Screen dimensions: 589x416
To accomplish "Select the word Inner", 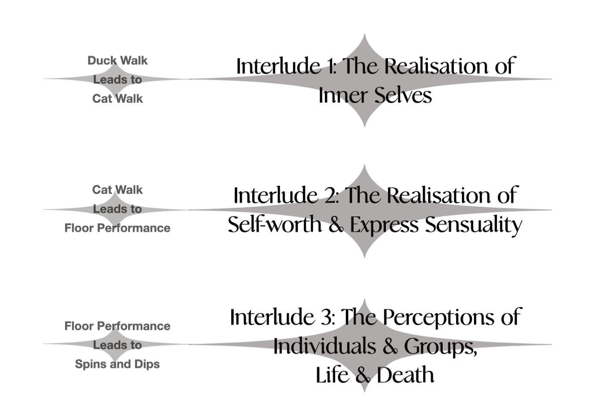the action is point(343,95).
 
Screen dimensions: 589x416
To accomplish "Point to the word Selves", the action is point(403,95).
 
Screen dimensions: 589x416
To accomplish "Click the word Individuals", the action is point(324,346).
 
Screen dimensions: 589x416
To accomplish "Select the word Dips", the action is point(147,364).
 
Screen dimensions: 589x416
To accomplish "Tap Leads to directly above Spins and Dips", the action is point(117,345).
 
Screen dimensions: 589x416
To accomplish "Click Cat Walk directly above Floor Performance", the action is point(117,190).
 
